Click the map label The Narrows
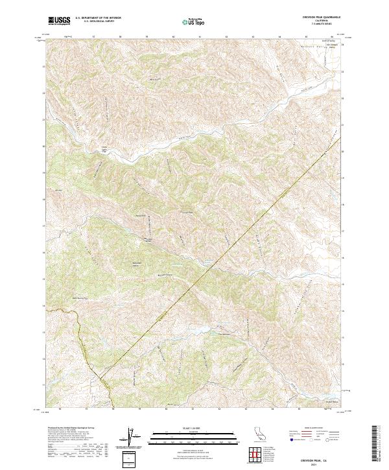[224, 335]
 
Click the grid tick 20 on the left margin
[44, 147]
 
